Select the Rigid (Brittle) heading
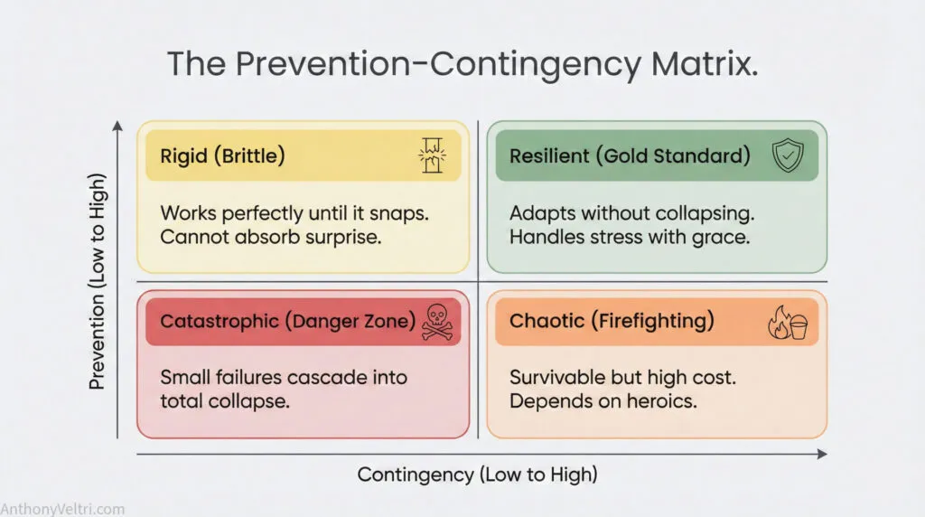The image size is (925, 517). tap(222, 155)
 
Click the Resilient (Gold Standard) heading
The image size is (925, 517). tap(630, 155)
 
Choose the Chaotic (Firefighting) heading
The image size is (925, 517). tap(612, 321)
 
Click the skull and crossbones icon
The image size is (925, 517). tap(437, 322)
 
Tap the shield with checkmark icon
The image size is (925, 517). tap(788, 155)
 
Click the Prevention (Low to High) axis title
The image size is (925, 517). tap(98, 281)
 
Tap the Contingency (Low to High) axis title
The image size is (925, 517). tap(477, 475)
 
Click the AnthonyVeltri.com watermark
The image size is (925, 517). tap(62, 509)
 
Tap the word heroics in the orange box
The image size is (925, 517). tap(666, 401)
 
